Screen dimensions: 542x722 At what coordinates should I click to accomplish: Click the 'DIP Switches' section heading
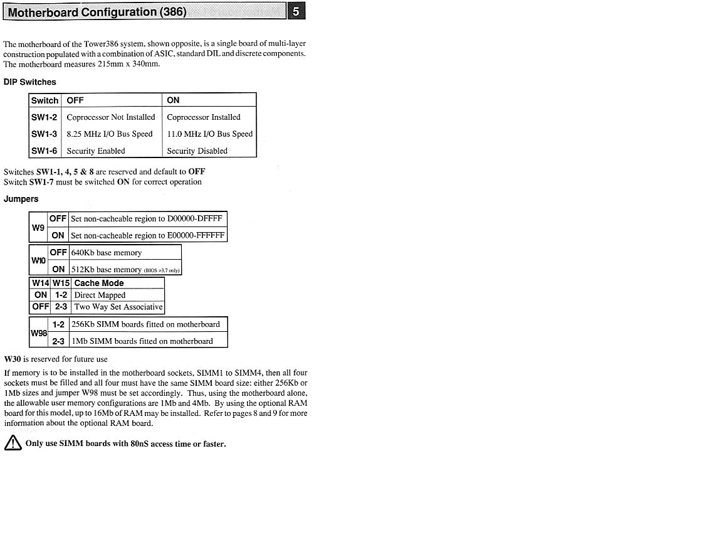pos(30,82)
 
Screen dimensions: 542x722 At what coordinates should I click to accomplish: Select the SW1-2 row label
pos(45,117)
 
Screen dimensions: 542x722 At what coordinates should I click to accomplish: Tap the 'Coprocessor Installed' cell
pos(204,117)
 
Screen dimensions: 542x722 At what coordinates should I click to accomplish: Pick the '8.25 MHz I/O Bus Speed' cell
pos(110,134)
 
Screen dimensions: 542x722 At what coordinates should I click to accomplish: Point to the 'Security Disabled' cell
pos(197,151)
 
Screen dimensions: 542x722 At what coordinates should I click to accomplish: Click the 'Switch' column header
pos(45,100)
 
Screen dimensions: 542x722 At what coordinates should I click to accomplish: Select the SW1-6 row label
pos(45,151)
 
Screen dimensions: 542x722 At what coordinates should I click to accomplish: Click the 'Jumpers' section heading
pos(21,199)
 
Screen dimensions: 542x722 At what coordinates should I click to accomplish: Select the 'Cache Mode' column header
pos(99,284)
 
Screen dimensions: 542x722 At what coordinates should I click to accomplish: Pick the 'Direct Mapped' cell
pos(100,295)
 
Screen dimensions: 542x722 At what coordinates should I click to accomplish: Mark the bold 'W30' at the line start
pos(13,359)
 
